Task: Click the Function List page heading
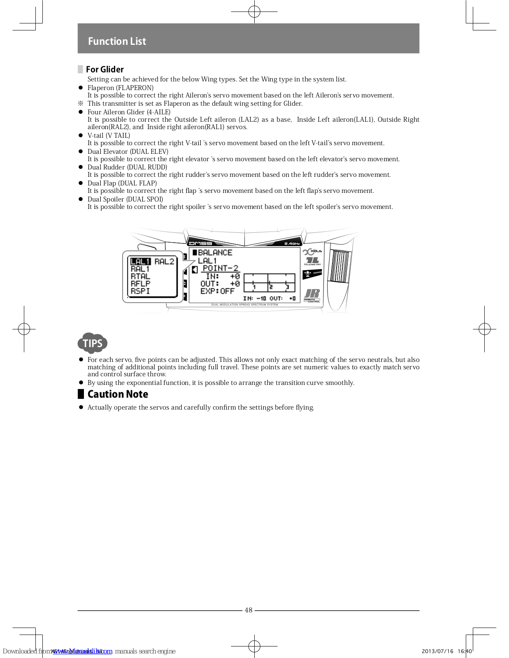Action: click(117, 41)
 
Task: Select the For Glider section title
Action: click(105, 70)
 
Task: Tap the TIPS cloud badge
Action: click(93, 343)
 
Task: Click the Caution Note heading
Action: click(118, 394)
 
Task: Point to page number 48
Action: click(249, 610)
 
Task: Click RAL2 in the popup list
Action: click(164, 262)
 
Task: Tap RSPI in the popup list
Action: click(140, 291)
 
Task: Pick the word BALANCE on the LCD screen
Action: click(215, 253)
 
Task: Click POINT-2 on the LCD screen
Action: click(220, 268)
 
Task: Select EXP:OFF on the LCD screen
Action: click(217, 291)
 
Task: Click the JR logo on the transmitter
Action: click(312, 294)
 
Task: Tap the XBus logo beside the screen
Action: click(312, 251)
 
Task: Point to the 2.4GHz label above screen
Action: click(292, 243)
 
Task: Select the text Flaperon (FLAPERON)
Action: click(121, 88)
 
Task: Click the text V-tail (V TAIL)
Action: click(109, 136)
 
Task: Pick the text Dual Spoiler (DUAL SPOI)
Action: click(125, 199)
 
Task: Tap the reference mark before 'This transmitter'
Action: click(81, 104)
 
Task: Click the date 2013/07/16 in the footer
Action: click(437, 651)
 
